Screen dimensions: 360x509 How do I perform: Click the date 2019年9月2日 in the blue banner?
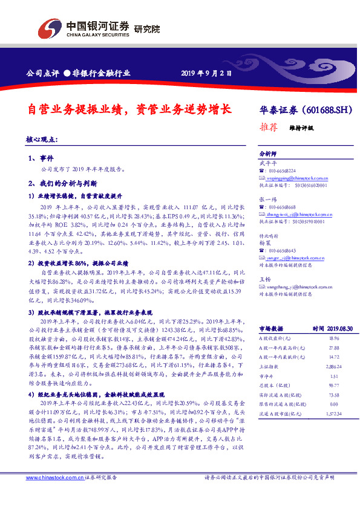[x=206, y=74]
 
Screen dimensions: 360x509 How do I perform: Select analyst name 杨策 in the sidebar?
[x=265, y=242]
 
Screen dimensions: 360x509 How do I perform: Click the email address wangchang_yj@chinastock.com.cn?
[x=296, y=271]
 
